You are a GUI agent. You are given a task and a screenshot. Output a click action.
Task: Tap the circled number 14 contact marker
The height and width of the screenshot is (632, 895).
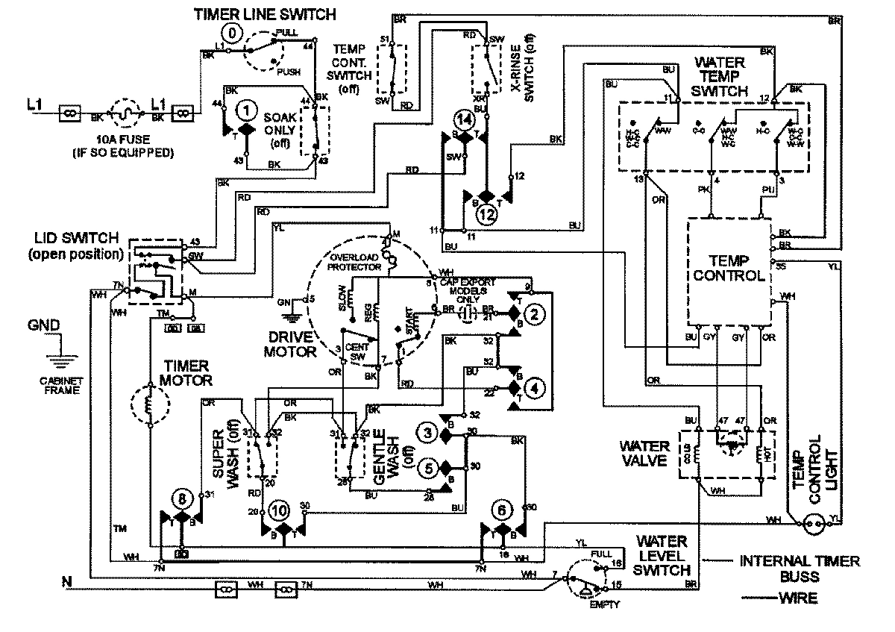(x=465, y=119)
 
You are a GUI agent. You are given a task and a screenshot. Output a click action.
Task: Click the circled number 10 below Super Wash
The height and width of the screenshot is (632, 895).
(x=279, y=510)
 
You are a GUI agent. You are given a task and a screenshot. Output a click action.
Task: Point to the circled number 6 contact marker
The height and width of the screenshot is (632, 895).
(x=503, y=510)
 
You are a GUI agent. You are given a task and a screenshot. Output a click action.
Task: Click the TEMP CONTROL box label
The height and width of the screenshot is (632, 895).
(x=728, y=267)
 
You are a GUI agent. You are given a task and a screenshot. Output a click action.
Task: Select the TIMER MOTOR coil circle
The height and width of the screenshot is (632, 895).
(x=149, y=407)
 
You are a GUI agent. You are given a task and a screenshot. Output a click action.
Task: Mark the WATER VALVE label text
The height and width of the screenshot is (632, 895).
(x=643, y=453)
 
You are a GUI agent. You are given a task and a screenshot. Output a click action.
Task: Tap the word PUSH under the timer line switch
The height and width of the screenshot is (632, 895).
(x=288, y=72)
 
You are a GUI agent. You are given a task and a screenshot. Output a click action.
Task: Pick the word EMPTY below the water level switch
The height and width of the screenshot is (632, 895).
(x=604, y=604)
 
